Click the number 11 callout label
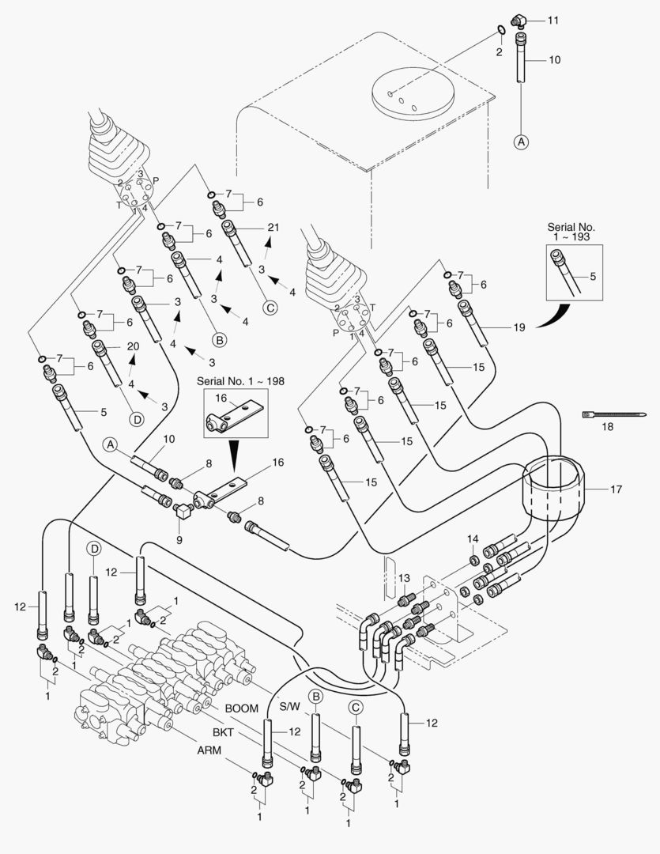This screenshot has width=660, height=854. click(x=553, y=20)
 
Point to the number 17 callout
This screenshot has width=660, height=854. click(x=616, y=489)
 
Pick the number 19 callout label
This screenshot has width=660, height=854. click(x=519, y=325)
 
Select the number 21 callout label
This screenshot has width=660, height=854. click(x=273, y=228)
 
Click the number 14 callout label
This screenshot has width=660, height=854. click(x=472, y=539)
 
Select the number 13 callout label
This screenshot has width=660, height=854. click(x=405, y=577)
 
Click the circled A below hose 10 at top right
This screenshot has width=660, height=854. click(x=521, y=142)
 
